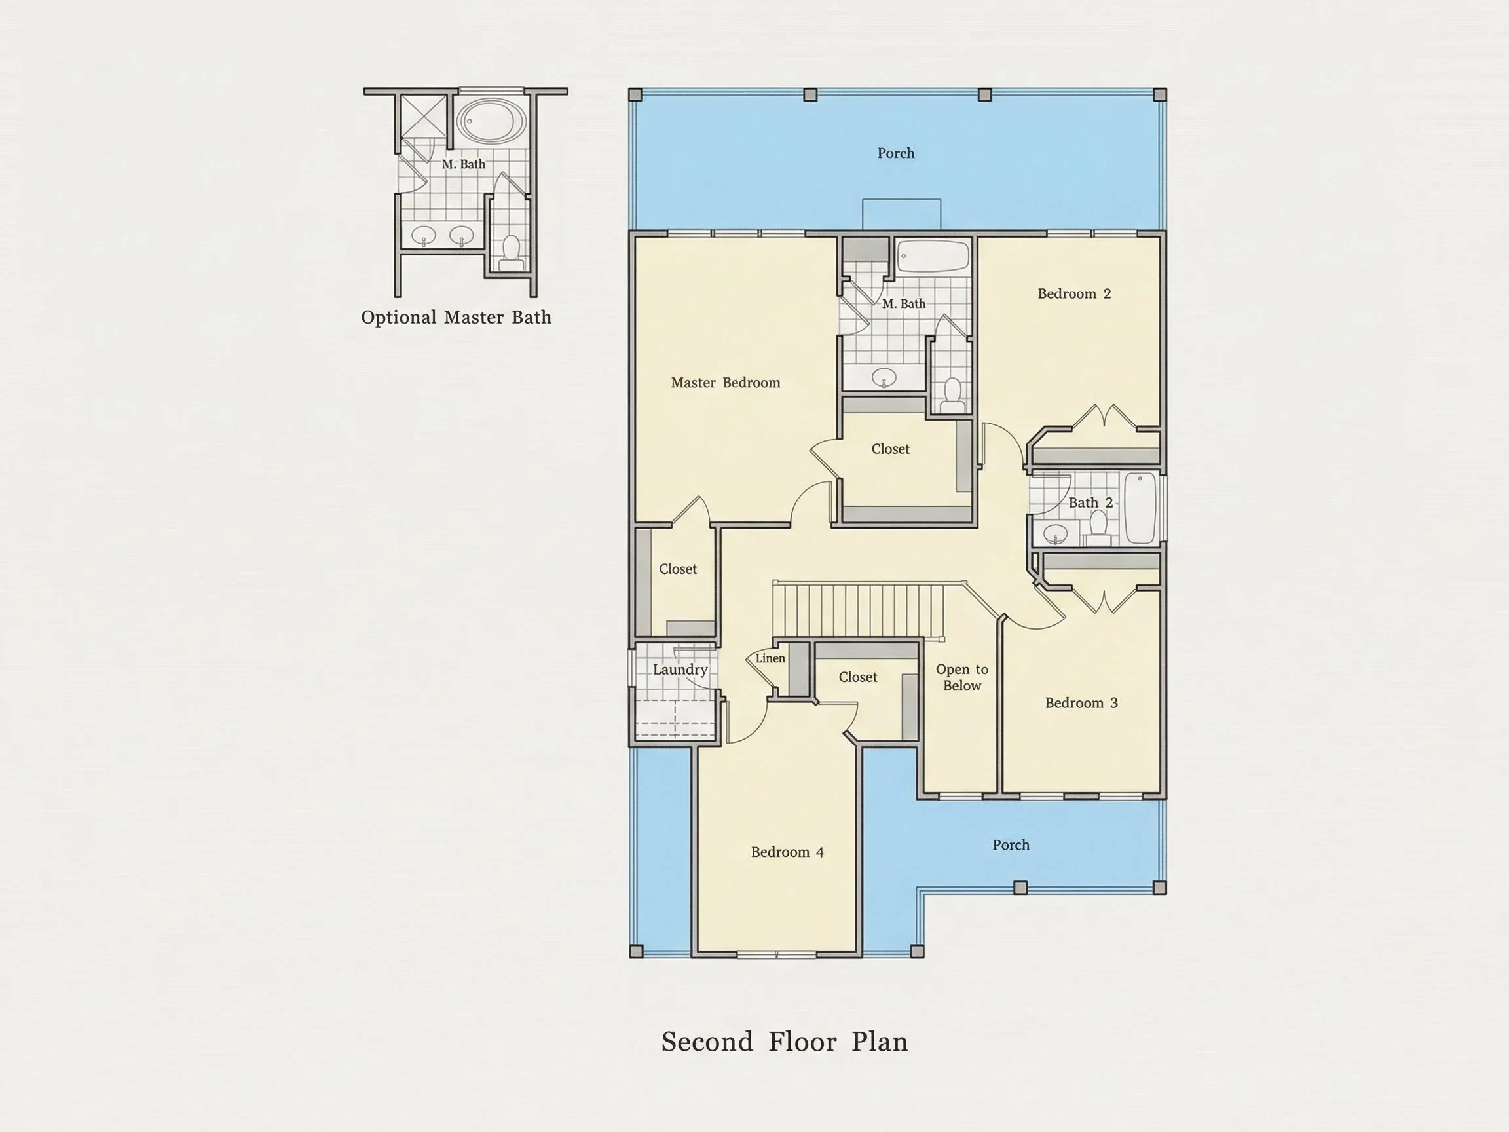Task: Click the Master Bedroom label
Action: [x=725, y=383]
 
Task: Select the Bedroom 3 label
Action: [x=1081, y=704]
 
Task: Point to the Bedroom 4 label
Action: [x=787, y=852]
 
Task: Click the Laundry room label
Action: [x=679, y=670]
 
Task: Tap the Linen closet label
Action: [x=770, y=658]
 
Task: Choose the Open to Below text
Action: [x=962, y=677]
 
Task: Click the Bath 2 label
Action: [x=1090, y=503]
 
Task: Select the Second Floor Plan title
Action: [x=785, y=1042]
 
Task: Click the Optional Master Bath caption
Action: [x=456, y=317]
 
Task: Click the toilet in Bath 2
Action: [x=1098, y=527]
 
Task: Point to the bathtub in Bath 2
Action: [x=1139, y=508]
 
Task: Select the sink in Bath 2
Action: [x=1055, y=535]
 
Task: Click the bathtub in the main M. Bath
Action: [x=933, y=256]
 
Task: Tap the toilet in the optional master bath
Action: [x=511, y=252]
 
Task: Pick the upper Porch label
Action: [x=896, y=153]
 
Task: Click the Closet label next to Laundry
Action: [x=677, y=569]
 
